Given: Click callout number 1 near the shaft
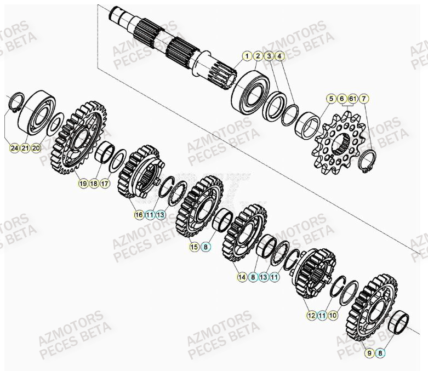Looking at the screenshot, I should [247, 56].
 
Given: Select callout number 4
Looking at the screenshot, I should [279, 56].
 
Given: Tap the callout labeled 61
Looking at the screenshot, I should [352, 99].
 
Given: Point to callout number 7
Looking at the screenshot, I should [364, 99].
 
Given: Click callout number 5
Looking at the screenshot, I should [331, 99].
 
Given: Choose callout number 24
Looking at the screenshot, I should [14, 148].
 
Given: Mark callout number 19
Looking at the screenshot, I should [83, 184].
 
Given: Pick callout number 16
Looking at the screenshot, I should [139, 215].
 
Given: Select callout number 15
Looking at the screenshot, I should [195, 247].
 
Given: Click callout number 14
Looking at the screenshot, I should [242, 278].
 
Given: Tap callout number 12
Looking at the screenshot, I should [311, 315].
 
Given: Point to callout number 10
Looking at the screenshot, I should [334, 315].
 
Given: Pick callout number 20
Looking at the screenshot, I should [36, 148].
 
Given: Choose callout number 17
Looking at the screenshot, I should [105, 184].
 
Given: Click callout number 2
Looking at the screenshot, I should [258, 56].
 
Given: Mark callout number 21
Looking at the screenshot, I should [25, 148].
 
